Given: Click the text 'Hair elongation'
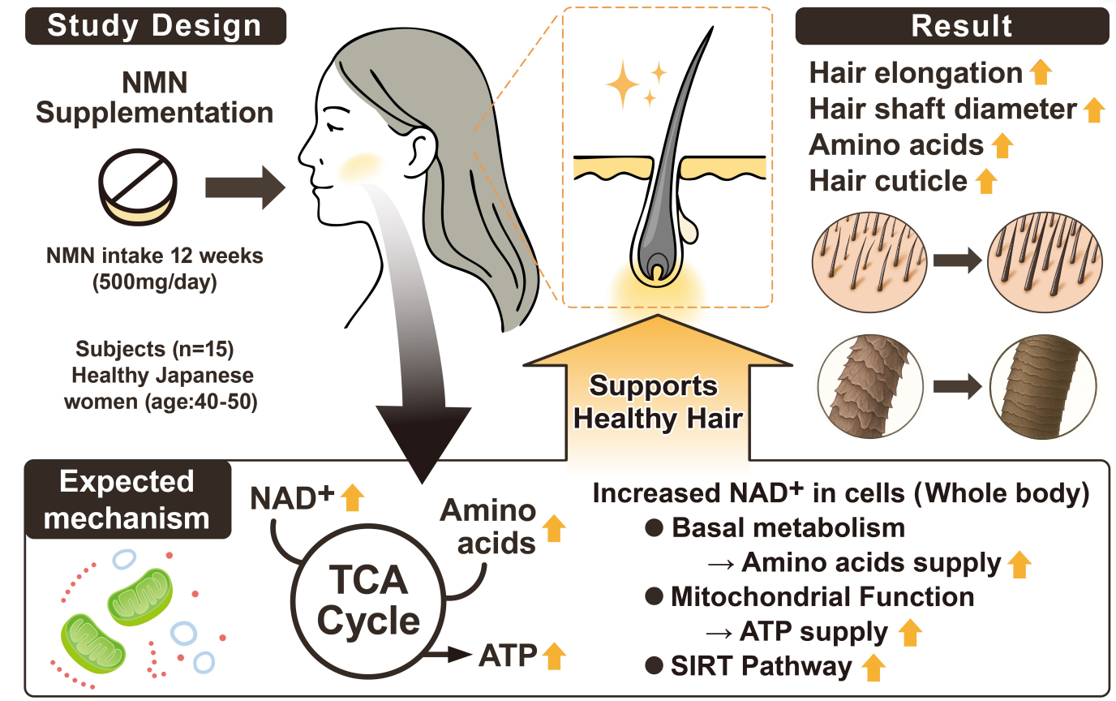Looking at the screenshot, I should pos(916,73).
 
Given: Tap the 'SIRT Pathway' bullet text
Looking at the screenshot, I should pos(761,666).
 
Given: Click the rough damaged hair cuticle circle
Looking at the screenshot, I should pos(865,386).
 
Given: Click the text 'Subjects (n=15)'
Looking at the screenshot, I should pos(155,350).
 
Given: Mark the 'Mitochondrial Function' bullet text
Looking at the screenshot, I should pos(822,597).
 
